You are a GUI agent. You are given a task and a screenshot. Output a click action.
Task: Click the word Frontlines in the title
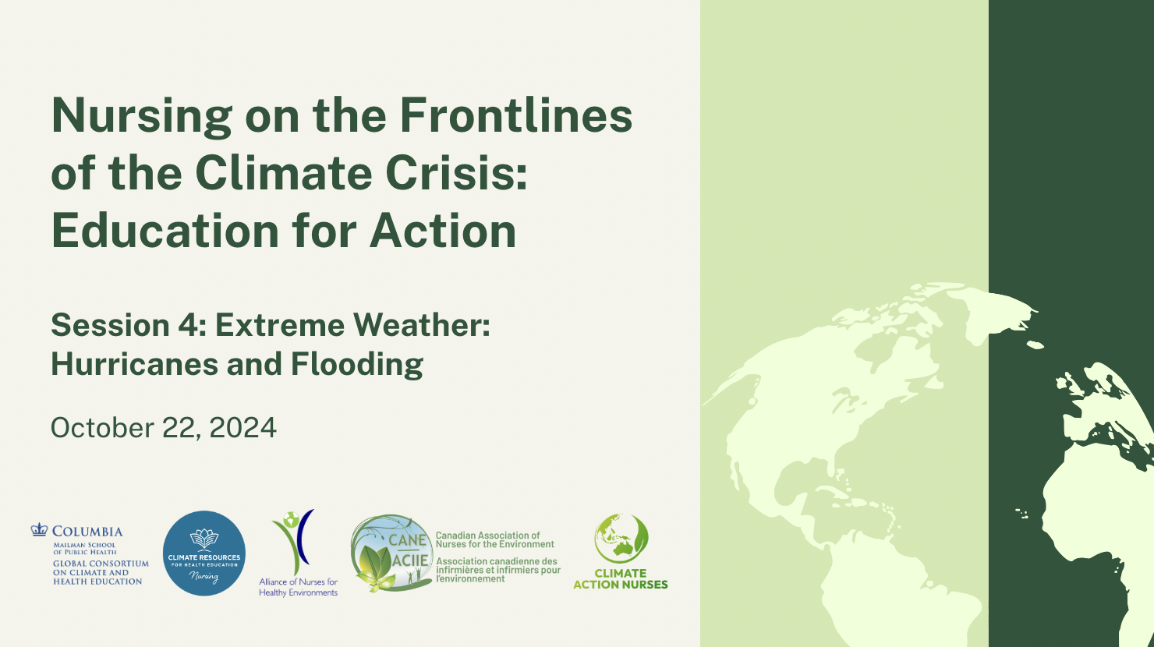[516, 115]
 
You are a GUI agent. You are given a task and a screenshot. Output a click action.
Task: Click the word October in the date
[102, 428]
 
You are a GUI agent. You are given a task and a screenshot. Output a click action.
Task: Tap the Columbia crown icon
[39, 530]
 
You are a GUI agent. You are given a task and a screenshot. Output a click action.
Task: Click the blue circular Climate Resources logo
[204, 553]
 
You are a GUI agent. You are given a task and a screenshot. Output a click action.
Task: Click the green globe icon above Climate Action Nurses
[621, 539]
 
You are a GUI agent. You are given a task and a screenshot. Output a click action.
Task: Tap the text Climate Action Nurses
[621, 578]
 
